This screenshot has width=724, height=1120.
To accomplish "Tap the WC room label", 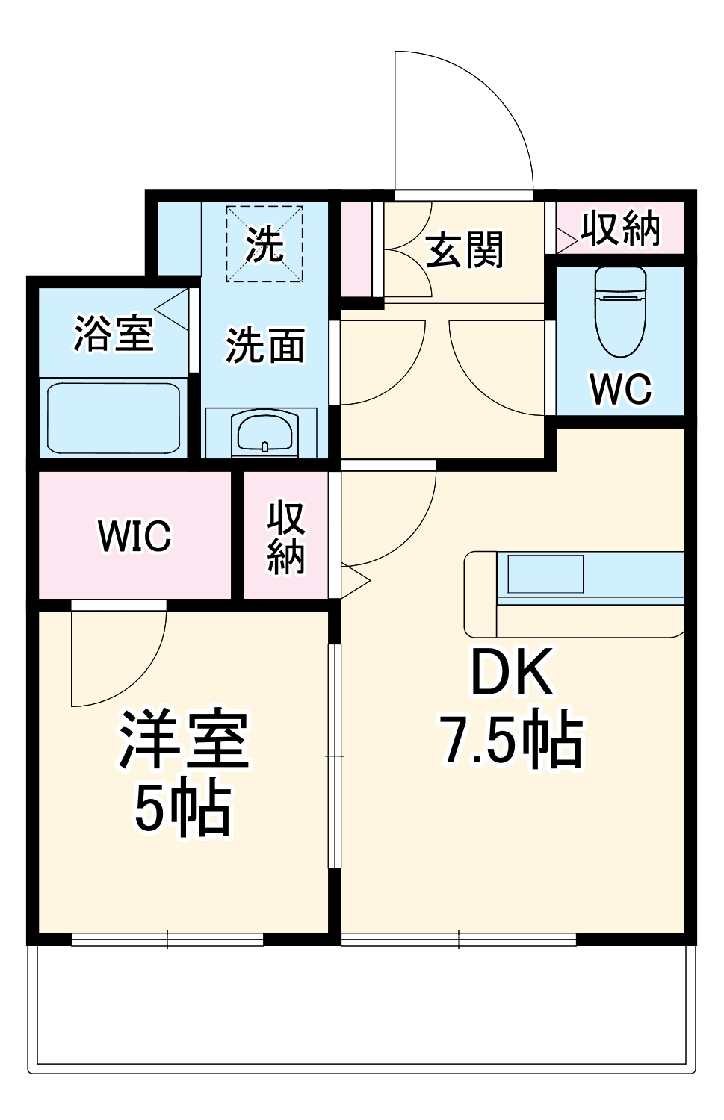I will (620, 388).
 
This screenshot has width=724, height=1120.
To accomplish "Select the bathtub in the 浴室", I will (113, 418).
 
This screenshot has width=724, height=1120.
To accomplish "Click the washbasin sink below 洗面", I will (264, 432).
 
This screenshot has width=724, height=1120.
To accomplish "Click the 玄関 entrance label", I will (465, 250).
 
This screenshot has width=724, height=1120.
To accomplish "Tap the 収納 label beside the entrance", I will (621, 228).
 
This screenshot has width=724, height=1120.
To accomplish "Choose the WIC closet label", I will (134, 535).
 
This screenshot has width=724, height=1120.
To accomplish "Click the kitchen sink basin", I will (545, 574).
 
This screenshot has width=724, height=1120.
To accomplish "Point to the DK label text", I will (512, 673).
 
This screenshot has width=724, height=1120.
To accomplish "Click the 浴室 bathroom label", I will (114, 333).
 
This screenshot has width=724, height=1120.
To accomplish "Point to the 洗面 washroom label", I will (265, 346).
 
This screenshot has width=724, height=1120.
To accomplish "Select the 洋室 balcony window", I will (167, 939).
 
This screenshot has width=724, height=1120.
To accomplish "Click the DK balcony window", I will (459, 939).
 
